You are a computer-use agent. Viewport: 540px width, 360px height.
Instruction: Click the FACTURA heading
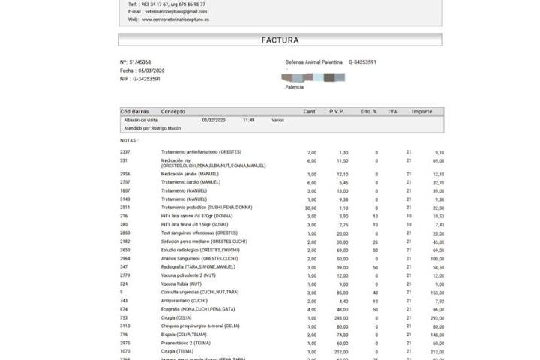[280, 40]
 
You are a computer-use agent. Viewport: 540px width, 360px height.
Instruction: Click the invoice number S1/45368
[140, 62]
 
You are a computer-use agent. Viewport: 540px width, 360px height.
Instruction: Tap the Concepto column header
[173, 111]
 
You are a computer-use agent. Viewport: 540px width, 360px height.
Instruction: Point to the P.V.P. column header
[337, 111]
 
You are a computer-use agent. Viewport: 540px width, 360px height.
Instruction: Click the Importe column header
[421, 111]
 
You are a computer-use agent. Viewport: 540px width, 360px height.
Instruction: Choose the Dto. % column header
[369, 111]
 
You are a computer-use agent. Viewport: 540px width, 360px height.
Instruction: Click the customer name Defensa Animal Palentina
[314, 62]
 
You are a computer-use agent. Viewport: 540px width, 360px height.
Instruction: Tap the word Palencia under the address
[295, 87]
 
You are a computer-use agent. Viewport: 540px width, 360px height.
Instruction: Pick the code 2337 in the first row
[124, 152]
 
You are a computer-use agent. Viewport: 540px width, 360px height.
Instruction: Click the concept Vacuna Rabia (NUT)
[181, 284]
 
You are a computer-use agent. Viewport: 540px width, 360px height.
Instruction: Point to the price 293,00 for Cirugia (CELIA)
[343, 318]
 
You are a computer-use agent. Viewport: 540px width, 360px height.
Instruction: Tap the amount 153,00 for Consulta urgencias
[436, 292]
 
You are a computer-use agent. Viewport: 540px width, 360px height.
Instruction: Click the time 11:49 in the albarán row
[249, 120]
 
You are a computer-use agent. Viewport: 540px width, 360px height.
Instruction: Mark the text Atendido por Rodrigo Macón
[152, 128]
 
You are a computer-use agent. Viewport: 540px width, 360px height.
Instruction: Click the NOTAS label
[129, 140]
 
